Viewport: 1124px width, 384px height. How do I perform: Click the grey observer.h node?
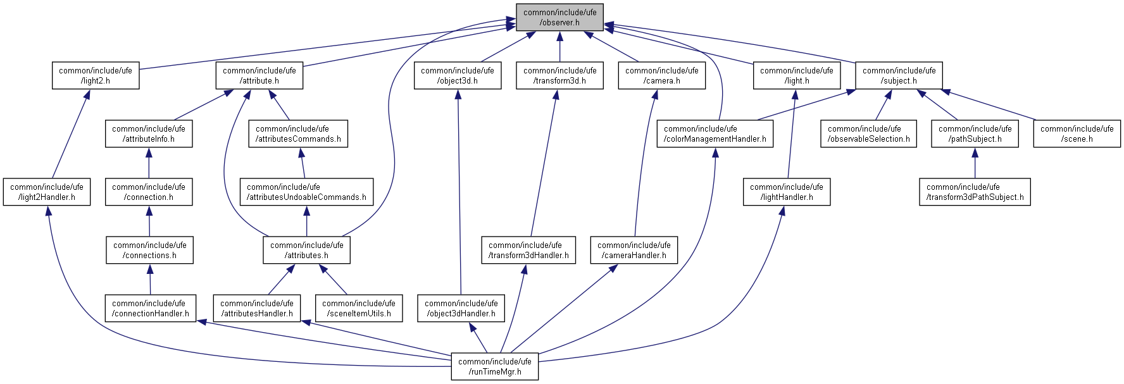(x=559, y=17)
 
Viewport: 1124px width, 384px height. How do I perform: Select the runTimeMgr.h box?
(x=495, y=366)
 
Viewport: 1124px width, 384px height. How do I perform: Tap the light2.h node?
(x=96, y=75)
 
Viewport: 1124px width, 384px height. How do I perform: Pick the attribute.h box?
(x=259, y=75)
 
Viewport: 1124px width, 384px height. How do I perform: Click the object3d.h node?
(x=458, y=75)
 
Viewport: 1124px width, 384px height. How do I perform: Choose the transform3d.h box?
(x=559, y=75)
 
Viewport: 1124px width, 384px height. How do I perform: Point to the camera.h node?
(x=661, y=75)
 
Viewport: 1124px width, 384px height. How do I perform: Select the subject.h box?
(x=899, y=75)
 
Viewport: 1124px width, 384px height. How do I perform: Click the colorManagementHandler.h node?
(x=715, y=133)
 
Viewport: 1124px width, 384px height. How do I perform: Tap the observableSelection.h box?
(x=868, y=133)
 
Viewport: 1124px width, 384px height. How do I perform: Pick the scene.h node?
(x=1077, y=133)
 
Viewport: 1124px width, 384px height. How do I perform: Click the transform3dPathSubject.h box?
(x=975, y=192)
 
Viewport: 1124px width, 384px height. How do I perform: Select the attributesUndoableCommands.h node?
(x=306, y=192)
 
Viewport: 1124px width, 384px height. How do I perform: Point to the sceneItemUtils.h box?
(x=359, y=308)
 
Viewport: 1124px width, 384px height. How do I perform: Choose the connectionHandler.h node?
(x=151, y=308)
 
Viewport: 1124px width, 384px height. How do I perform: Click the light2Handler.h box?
(x=47, y=192)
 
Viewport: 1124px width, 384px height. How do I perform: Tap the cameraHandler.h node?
(x=634, y=250)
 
